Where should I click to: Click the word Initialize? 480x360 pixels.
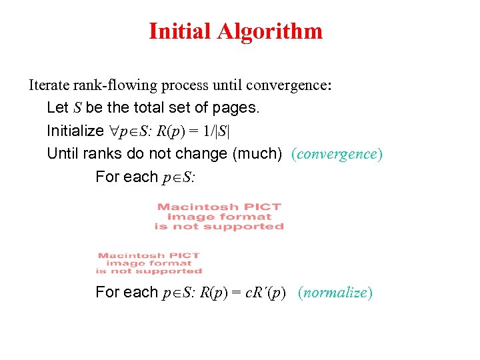(x=71, y=130)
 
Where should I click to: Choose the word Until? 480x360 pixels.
(x=63, y=153)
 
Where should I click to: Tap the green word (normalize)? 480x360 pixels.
(x=335, y=292)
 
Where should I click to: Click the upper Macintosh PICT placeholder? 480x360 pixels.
(x=219, y=217)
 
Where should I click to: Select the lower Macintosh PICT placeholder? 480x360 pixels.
(x=149, y=263)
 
